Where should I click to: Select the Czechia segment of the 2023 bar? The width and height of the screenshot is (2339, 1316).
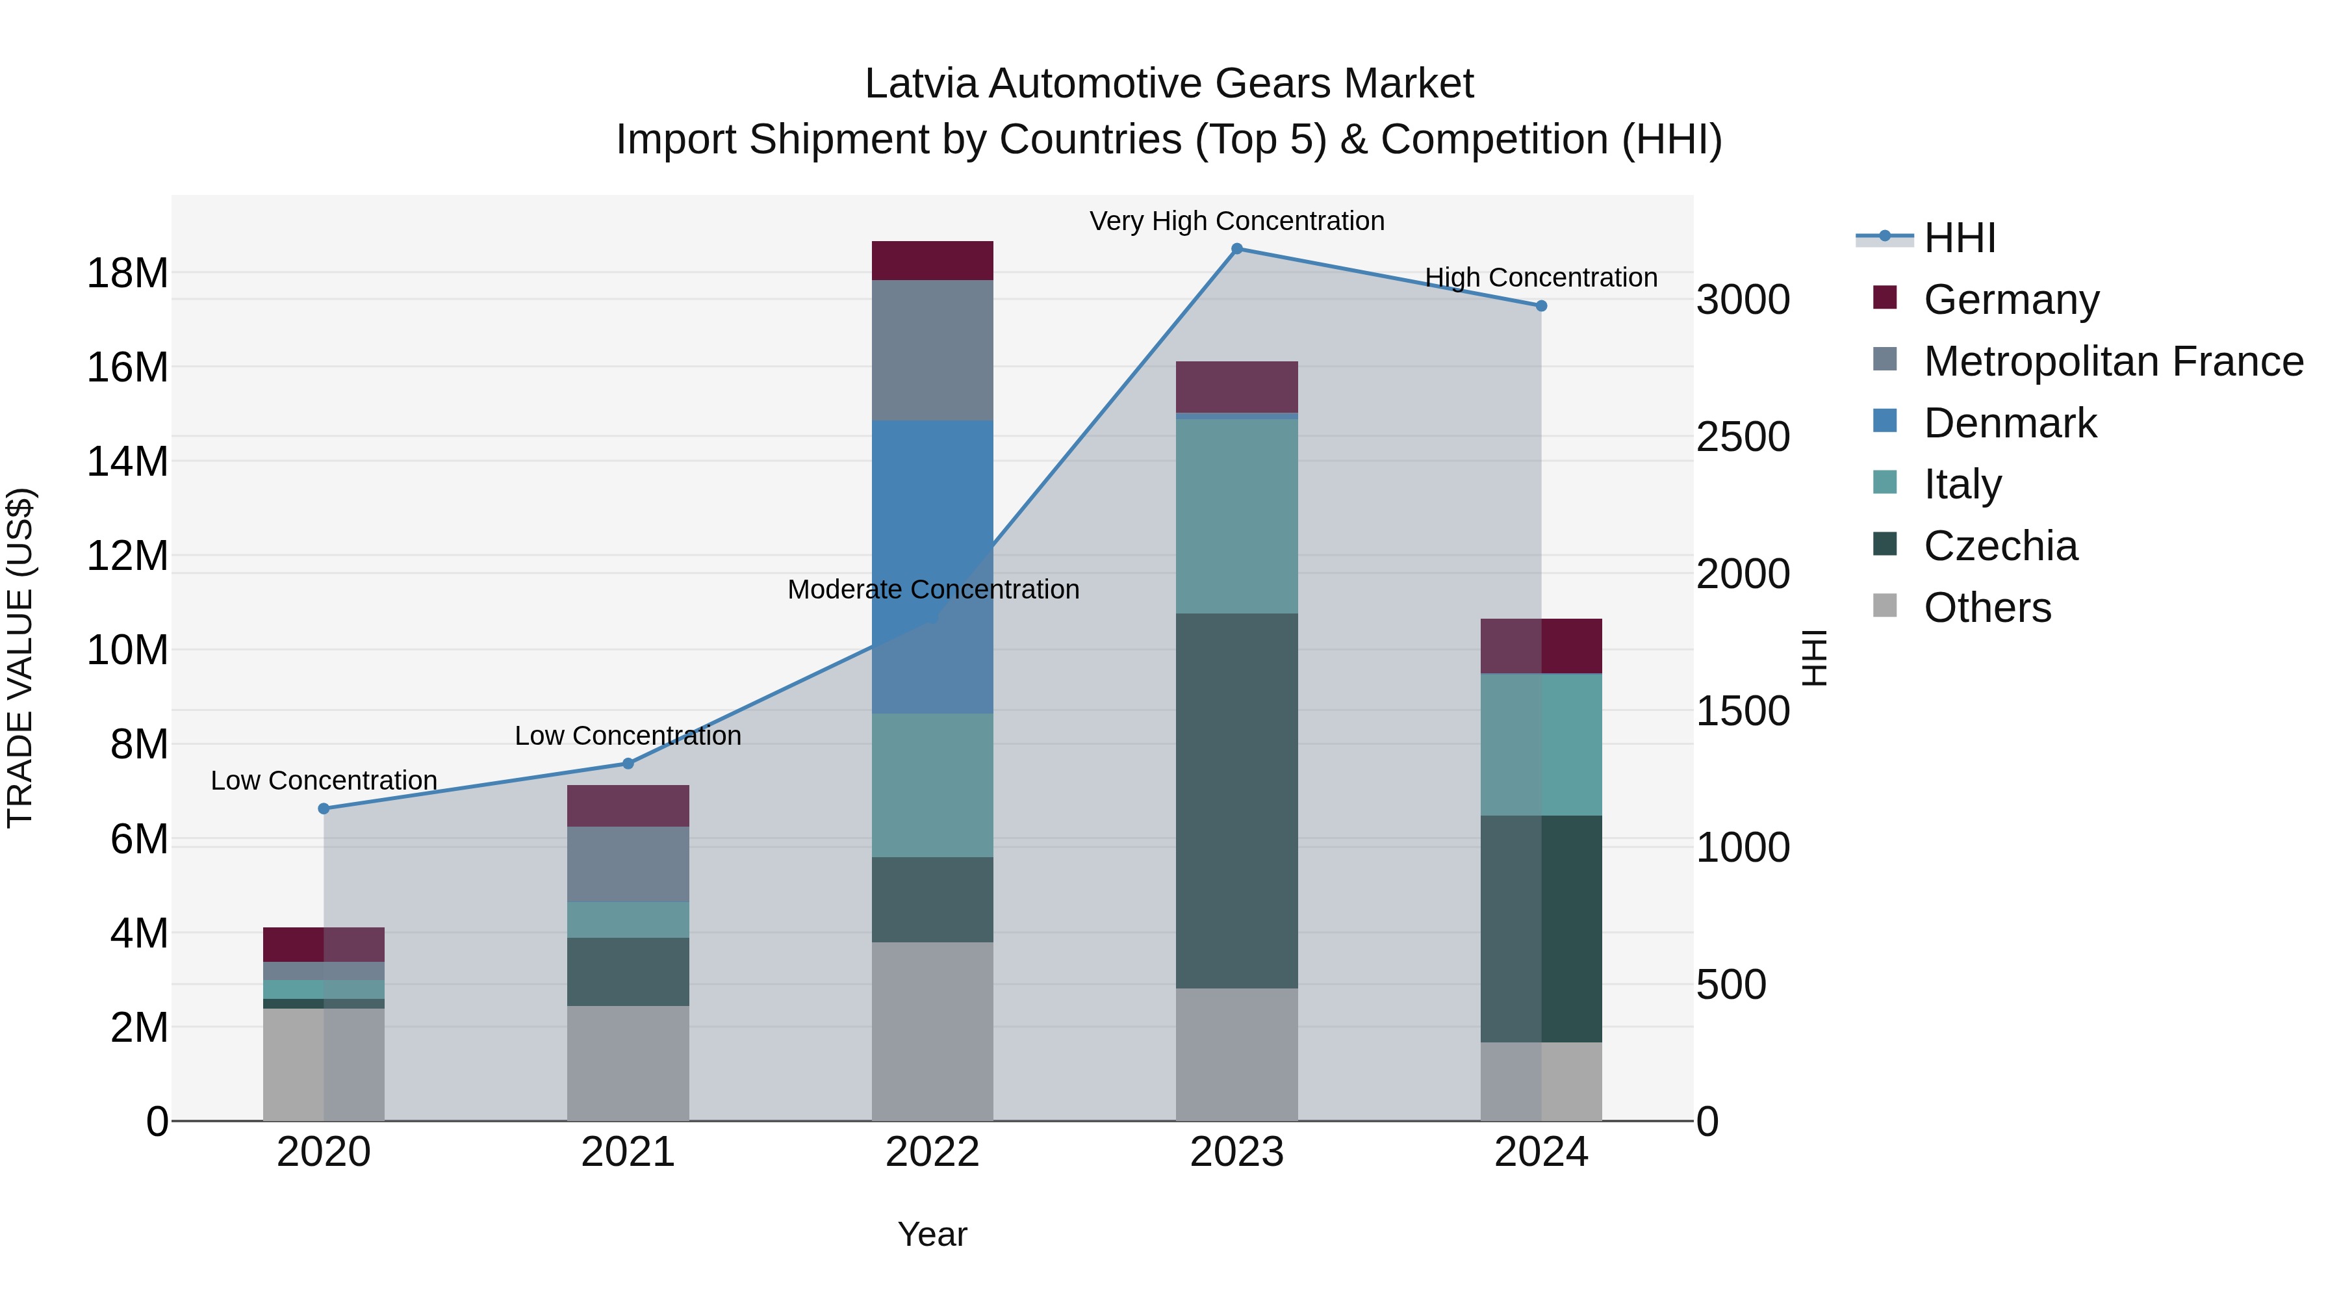(1236, 800)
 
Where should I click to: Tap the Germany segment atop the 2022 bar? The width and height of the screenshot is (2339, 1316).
(932, 261)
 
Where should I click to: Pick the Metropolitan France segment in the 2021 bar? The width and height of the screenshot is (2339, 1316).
(628, 864)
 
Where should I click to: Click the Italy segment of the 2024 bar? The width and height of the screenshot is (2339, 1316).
(1541, 744)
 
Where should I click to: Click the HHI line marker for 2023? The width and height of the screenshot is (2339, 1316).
(1236, 249)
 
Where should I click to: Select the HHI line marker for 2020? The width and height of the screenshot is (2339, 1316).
(324, 808)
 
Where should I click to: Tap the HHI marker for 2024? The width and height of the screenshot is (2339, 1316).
(1541, 306)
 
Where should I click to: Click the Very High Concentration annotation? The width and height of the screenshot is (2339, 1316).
(1236, 222)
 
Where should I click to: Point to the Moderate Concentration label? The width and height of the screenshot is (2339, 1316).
(932, 589)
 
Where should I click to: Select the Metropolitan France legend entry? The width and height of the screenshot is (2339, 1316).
(2112, 361)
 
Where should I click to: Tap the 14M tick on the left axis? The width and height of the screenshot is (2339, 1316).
(127, 461)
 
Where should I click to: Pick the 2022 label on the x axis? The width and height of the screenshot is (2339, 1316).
(932, 1152)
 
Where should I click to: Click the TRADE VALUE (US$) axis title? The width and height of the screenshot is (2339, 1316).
(20, 658)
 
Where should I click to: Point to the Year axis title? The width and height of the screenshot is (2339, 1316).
(932, 1234)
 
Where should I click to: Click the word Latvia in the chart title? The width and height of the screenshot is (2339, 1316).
(921, 84)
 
